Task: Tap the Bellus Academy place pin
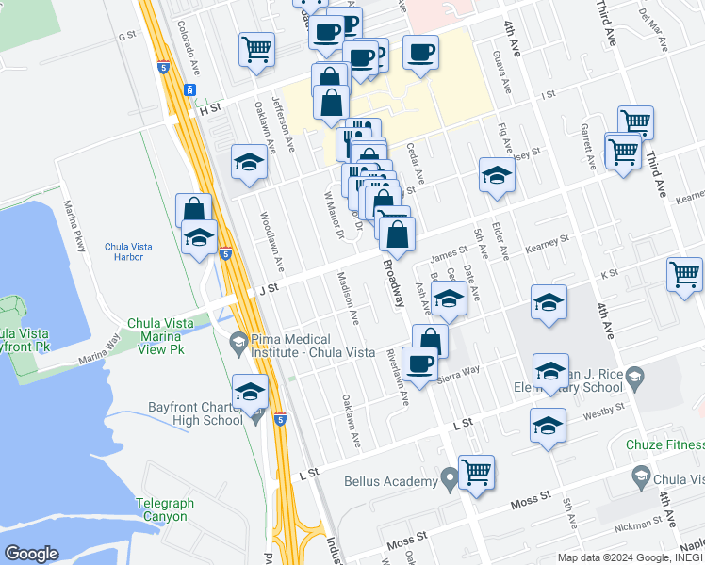click(451, 481)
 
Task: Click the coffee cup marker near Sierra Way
click(419, 363)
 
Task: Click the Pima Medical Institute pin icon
click(239, 340)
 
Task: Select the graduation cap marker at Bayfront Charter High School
click(250, 392)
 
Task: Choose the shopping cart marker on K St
click(684, 275)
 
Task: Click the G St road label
click(127, 36)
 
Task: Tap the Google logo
click(31, 554)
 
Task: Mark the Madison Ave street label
click(348, 299)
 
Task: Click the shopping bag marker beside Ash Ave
click(430, 341)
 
